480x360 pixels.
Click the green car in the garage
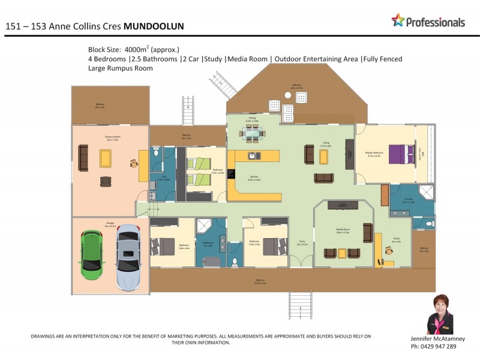[x=92, y=253]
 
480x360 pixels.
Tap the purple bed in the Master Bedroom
[x=400, y=154]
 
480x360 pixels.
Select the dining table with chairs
[x=252, y=135]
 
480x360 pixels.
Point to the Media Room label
[x=343, y=230]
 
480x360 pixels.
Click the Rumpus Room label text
[x=109, y=137]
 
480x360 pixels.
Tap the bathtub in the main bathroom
[x=212, y=262]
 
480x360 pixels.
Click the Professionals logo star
[x=398, y=20]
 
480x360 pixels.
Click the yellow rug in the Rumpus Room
[x=105, y=158]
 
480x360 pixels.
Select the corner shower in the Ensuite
[x=425, y=192]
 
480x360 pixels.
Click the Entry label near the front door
[x=302, y=243]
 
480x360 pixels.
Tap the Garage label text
[x=110, y=223]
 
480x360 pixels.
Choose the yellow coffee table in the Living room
[x=324, y=157]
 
